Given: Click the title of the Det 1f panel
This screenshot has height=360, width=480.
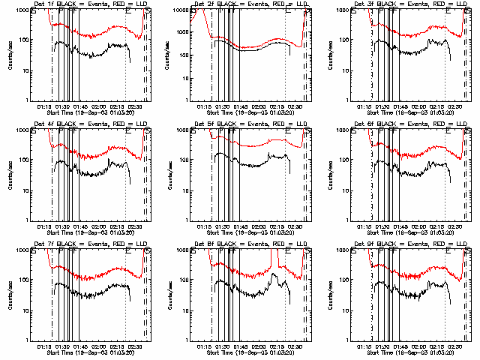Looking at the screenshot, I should tap(89, 4).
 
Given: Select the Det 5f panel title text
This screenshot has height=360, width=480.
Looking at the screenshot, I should tap(249, 124).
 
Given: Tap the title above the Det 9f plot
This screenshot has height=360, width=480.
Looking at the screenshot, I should tap(409, 244).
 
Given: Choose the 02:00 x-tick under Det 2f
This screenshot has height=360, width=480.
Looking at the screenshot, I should tap(259, 106).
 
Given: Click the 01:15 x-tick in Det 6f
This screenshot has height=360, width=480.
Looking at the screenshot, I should tap(364, 226).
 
